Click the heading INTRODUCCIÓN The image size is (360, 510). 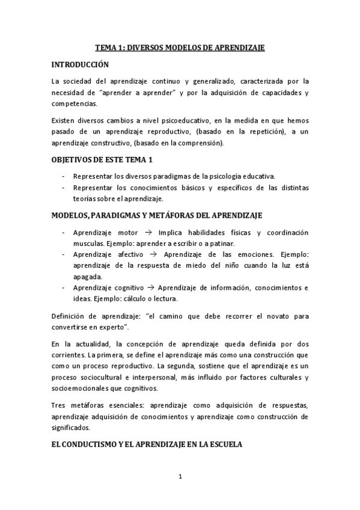(x=80, y=64)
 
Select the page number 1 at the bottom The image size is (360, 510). (x=180, y=477)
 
